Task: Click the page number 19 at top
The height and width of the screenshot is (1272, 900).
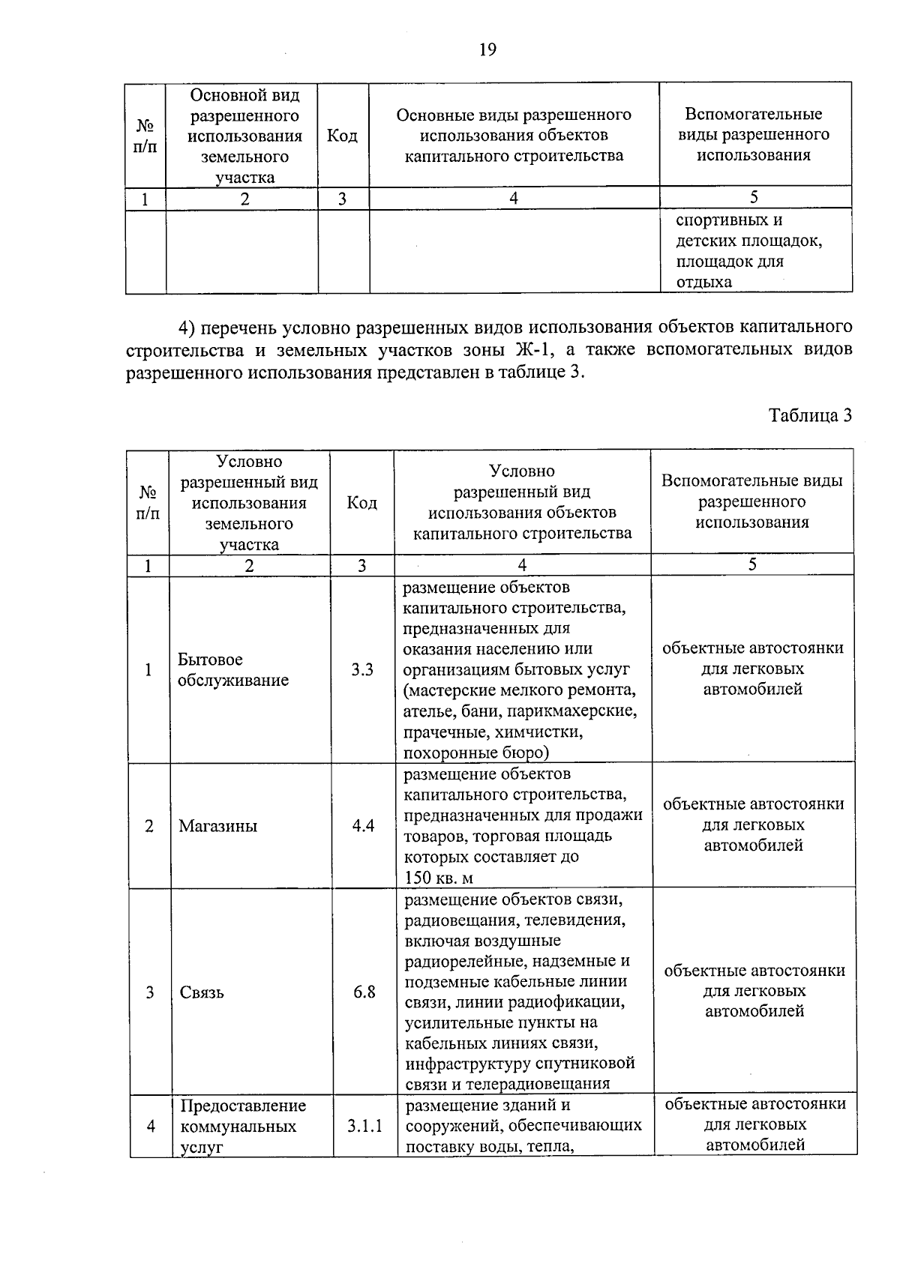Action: (487, 50)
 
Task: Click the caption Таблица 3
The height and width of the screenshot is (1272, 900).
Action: (811, 416)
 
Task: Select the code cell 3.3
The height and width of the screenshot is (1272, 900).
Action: (362, 669)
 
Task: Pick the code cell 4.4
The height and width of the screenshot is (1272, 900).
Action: (364, 826)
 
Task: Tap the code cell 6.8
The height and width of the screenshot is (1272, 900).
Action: (364, 992)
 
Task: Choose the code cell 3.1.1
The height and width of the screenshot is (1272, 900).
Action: (365, 1126)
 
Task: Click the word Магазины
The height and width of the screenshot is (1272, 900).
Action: (218, 826)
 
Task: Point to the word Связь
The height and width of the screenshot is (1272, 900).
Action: (202, 992)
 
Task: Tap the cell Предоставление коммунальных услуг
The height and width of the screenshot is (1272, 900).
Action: (244, 1126)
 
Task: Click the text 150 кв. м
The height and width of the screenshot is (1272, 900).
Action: (439, 878)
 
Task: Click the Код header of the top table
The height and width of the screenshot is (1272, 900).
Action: (343, 136)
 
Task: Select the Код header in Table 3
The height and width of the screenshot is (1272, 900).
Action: (361, 502)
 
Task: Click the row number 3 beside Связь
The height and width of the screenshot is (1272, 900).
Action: (150, 992)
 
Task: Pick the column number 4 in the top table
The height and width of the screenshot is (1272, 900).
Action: (514, 198)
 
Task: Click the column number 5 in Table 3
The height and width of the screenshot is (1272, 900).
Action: (752, 565)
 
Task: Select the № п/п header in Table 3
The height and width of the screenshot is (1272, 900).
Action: (148, 503)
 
